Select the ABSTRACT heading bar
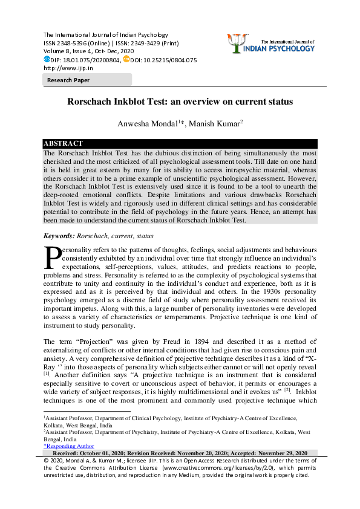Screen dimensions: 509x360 pyautogui.click(x=63, y=143)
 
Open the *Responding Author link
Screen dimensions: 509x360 pyautogui.click(x=68, y=446)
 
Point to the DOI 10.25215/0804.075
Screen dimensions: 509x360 pyautogui.click(x=174, y=60)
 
